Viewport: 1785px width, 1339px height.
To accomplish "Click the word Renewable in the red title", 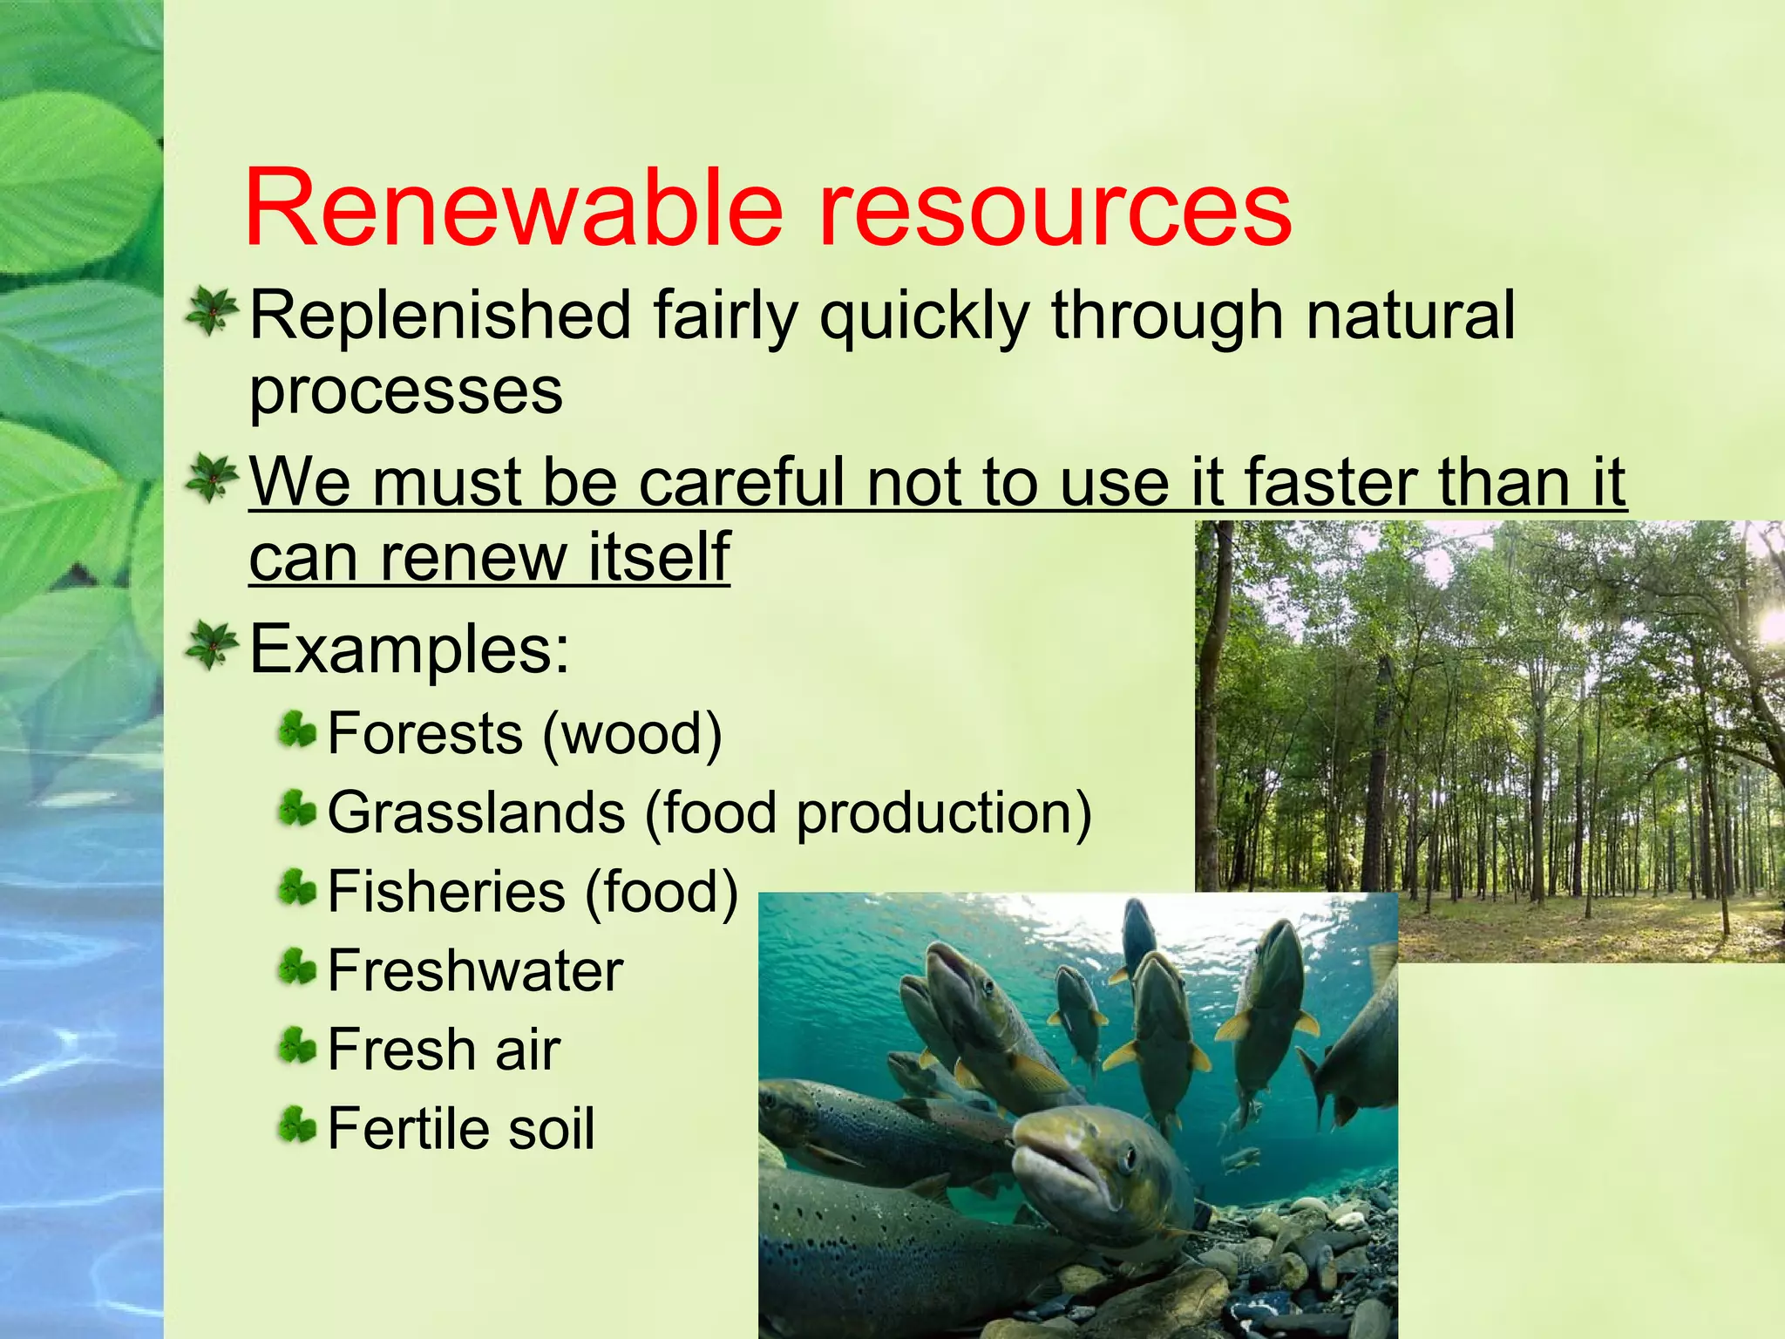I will pyautogui.click(x=514, y=209).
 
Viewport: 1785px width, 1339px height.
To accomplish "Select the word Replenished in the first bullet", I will pyautogui.click(x=440, y=316).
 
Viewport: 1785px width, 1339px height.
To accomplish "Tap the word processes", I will pyautogui.click(x=406, y=392).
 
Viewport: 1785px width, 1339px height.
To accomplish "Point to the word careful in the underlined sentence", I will pyautogui.click(x=743, y=482).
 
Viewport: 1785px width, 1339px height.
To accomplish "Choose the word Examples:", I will pyautogui.click(x=410, y=649).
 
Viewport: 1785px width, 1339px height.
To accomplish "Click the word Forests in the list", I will pyautogui.click(x=424, y=734).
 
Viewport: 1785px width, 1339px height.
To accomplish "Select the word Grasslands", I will pyautogui.click(x=476, y=813).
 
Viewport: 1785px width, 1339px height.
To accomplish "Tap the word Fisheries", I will pyautogui.click(x=446, y=892).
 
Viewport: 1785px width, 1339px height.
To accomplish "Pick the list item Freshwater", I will pyautogui.click(x=475, y=971).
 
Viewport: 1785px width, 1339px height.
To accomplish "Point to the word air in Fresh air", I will pyautogui.click(x=527, y=1050).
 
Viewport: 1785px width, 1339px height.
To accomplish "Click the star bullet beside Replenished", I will pyautogui.click(x=211, y=311).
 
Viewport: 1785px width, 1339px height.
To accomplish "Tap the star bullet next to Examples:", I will pyautogui.click(x=211, y=645).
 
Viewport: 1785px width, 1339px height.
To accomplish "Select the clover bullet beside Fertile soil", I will pyautogui.click(x=296, y=1125).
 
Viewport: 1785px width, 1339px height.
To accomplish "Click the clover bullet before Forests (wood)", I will pyautogui.click(x=296, y=731).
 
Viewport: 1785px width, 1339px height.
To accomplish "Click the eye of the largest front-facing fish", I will pyautogui.click(x=1128, y=1158).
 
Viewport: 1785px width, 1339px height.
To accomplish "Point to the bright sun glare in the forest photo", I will pyautogui.click(x=1769, y=626).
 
